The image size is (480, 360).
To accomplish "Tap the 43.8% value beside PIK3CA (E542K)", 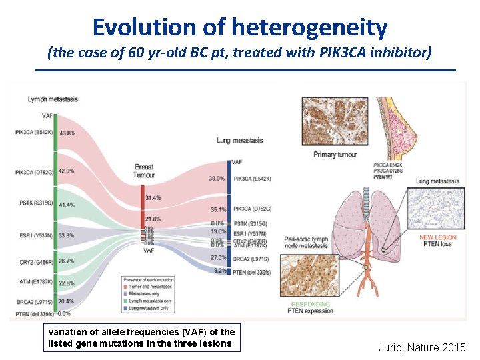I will [x=67, y=133].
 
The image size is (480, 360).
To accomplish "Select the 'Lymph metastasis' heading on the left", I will [x=53, y=99].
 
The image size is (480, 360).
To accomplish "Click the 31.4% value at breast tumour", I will [x=153, y=197].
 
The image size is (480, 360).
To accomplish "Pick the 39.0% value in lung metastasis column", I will [x=217, y=179].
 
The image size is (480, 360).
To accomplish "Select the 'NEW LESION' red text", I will [x=437, y=237].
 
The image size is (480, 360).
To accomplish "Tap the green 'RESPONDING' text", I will [x=310, y=303].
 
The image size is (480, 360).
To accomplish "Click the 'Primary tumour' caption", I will [x=335, y=155].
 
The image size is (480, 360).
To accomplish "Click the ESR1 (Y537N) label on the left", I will [x=33, y=235].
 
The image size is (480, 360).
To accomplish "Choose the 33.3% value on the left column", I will [x=66, y=235].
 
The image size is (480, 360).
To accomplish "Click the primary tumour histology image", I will [x=330, y=122].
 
